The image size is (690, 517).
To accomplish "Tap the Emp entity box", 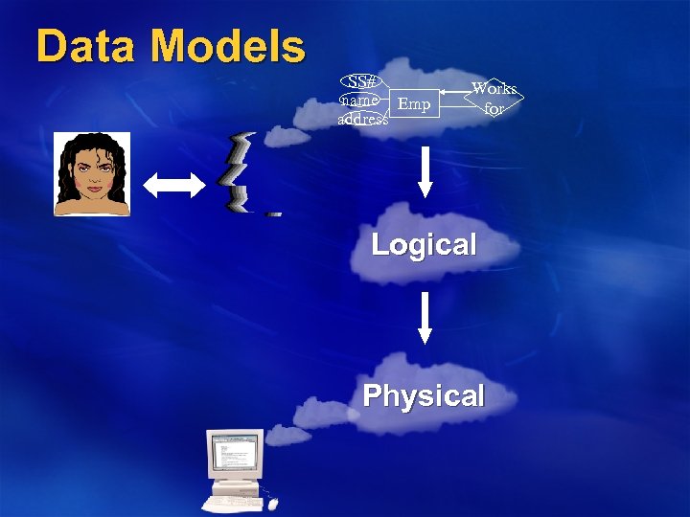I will coord(414,103).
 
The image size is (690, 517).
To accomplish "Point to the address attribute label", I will coord(363,120).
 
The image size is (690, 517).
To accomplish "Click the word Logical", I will coord(424,244).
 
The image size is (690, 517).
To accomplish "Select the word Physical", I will coord(424,395).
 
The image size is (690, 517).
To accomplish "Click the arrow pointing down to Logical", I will coord(425,176).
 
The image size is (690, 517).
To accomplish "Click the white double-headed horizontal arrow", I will coord(174,186).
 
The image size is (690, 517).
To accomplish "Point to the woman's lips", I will coord(93,187).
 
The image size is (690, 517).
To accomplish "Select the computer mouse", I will coord(275,506).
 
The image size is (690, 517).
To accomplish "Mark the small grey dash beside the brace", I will coord(273,214).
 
